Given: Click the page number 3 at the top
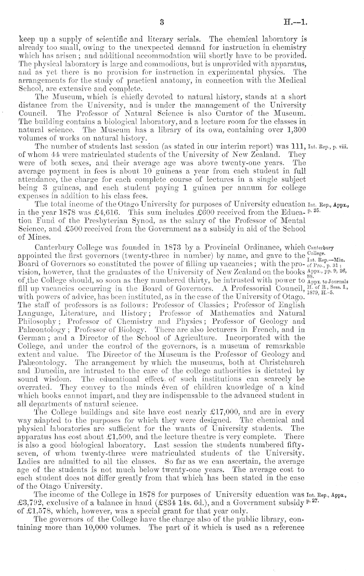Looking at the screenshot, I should [x=162, y=22].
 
